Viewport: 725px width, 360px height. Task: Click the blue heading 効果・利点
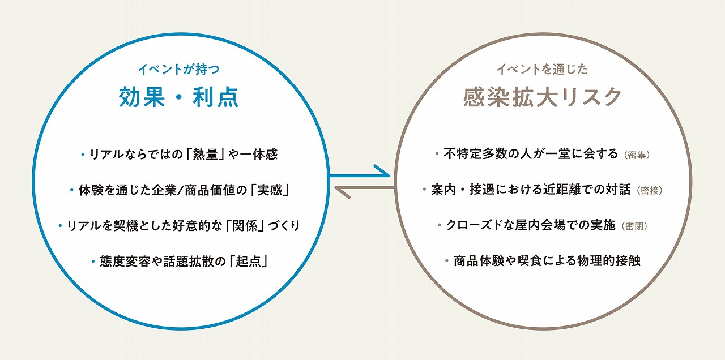178,97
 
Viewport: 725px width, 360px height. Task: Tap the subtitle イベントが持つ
178,69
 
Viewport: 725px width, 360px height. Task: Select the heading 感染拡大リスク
542,97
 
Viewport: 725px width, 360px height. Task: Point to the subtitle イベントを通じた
542,69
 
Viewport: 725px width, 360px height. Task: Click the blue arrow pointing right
359,175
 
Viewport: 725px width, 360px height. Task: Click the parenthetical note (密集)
637,155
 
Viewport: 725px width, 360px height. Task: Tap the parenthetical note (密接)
650,191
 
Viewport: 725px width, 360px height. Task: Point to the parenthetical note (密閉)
634,226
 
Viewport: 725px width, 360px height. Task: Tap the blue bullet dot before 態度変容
93,261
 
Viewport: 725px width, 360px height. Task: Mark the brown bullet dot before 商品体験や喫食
447,261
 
